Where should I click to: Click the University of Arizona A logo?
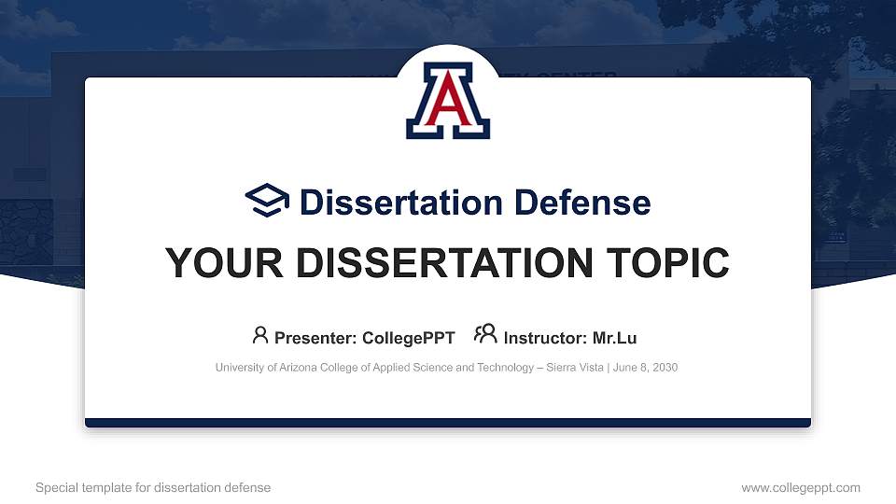[448, 101]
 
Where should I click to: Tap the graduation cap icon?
[268, 201]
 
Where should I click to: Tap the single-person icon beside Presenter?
[260, 335]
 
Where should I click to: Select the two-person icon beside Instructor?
[485, 335]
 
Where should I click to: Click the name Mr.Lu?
[615, 338]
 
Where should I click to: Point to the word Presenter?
[316, 338]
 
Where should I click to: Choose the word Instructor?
[546, 338]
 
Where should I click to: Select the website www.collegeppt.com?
[801, 487]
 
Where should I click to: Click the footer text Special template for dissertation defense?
[153, 487]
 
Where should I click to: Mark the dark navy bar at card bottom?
[448, 423]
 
